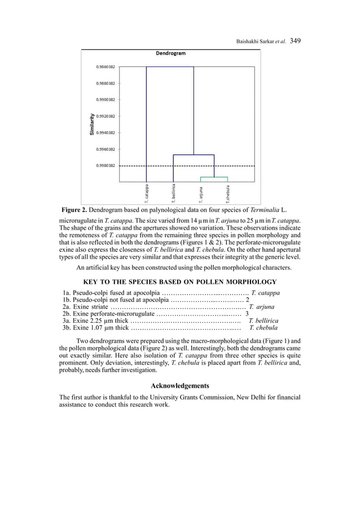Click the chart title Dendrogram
(170, 54)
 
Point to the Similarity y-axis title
(90, 124)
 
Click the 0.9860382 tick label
(105, 67)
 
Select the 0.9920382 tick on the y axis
(105, 116)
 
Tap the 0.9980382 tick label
(105, 165)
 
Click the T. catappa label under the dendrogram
(146, 193)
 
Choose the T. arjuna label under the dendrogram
(200, 194)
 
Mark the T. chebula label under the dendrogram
(227, 194)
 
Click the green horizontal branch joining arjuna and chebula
(214, 177)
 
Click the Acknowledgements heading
(180, 386)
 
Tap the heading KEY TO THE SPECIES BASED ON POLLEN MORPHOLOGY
(180, 282)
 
